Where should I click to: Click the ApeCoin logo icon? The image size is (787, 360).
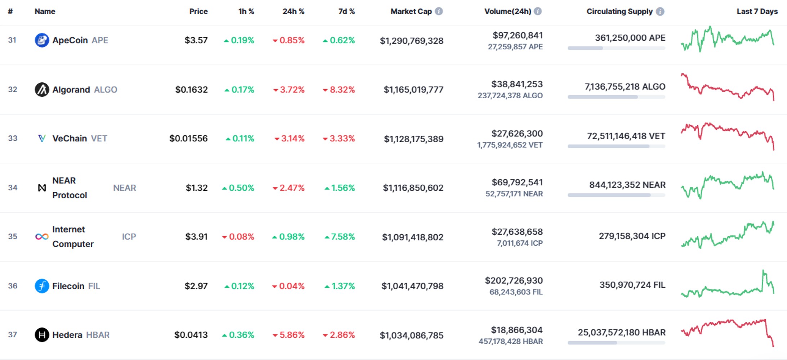(x=42, y=40)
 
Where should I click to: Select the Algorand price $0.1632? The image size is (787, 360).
(x=191, y=89)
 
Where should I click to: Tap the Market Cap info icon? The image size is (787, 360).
(x=439, y=11)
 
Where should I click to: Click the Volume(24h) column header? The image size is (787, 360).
(x=507, y=11)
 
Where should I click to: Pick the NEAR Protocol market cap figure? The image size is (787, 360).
(x=413, y=188)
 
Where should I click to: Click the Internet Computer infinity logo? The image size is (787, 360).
(x=42, y=237)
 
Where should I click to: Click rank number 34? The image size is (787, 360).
(x=13, y=188)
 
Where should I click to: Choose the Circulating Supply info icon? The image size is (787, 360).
(x=660, y=12)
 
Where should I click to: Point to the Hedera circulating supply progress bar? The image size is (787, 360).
(x=616, y=343)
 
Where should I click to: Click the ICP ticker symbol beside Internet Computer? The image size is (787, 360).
(x=129, y=237)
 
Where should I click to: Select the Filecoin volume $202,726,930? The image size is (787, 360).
(x=514, y=280)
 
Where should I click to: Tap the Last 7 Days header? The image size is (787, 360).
(x=757, y=11)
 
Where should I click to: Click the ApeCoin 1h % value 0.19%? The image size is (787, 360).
(x=239, y=40)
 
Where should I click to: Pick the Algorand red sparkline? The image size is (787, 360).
(x=727, y=87)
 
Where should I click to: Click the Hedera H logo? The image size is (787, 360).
(x=42, y=335)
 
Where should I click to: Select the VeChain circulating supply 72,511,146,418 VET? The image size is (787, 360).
(x=626, y=136)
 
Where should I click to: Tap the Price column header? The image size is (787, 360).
(x=198, y=11)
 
